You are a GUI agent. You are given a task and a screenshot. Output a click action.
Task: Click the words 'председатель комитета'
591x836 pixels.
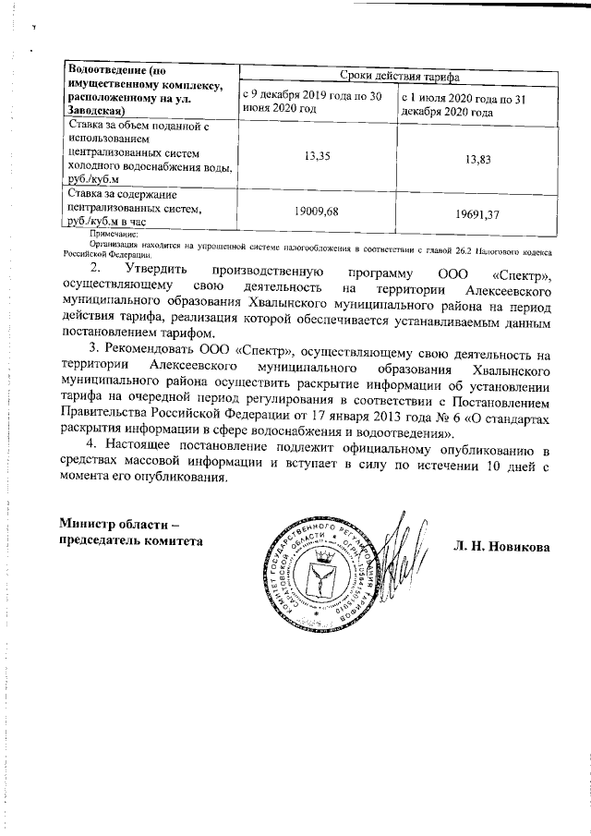point(131,541)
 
